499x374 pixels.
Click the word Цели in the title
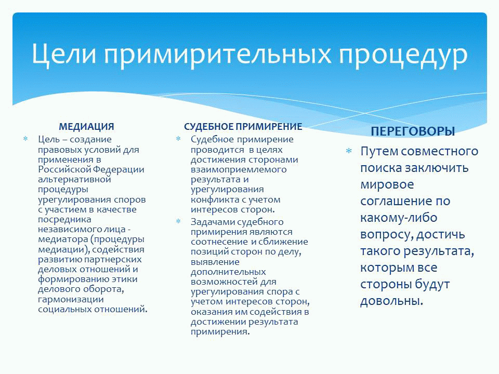point(63,54)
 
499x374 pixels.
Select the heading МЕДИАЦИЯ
point(86,127)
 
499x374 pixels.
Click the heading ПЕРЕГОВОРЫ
point(413,131)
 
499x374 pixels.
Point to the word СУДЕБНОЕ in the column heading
point(209,127)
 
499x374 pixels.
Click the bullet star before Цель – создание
point(25,139)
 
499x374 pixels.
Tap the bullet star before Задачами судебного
point(178,221)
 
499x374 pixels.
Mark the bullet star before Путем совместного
point(349,151)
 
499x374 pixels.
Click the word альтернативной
point(74,179)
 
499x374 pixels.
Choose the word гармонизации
point(71,299)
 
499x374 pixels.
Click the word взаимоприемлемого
point(239,169)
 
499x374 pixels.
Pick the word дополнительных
point(228,272)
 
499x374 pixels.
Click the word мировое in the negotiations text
point(387,184)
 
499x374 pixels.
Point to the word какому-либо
point(399,218)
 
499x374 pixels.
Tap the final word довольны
point(391,301)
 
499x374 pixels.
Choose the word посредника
point(64,219)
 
